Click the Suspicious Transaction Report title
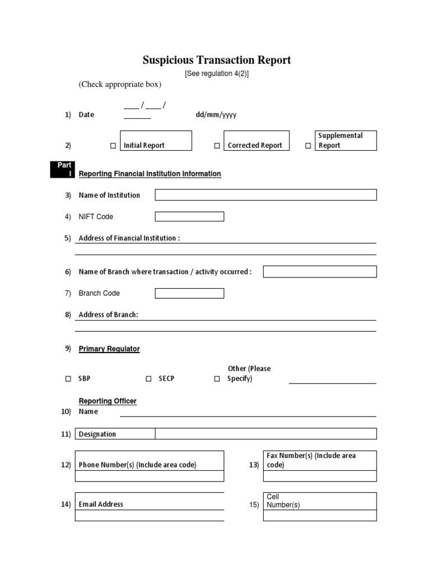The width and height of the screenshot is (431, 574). click(x=216, y=60)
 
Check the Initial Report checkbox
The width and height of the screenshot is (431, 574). click(x=113, y=146)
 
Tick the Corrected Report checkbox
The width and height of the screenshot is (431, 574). click(x=217, y=146)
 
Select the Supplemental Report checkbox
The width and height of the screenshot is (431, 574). click(x=308, y=146)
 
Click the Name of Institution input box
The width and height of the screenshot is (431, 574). click(x=265, y=195)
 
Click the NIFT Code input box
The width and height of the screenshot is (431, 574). click(x=189, y=216)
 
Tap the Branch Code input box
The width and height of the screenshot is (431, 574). click(x=189, y=293)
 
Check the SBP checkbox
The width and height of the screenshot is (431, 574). click(x=68, y=379)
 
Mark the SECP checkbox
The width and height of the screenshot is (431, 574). click(x=148, y=379)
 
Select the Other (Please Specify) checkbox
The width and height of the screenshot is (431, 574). click(x=217, y=379)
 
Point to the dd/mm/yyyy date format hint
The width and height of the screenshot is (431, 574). click(x=216, y=115)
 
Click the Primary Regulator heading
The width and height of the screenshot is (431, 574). click(x=109, y=349)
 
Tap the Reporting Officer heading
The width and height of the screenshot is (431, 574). click(x=107, y=401)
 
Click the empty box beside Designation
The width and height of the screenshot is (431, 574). click(x=265, y=434)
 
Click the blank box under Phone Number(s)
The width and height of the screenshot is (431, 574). click(x=150, y=476)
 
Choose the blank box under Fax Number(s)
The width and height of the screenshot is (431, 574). click(x=320, y=476)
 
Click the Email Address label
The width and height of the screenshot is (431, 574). click(x=101, y=504)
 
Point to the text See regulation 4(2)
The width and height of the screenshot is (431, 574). click(x=217, y=74)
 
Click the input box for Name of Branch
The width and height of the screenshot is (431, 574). click(x=320, y=272)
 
